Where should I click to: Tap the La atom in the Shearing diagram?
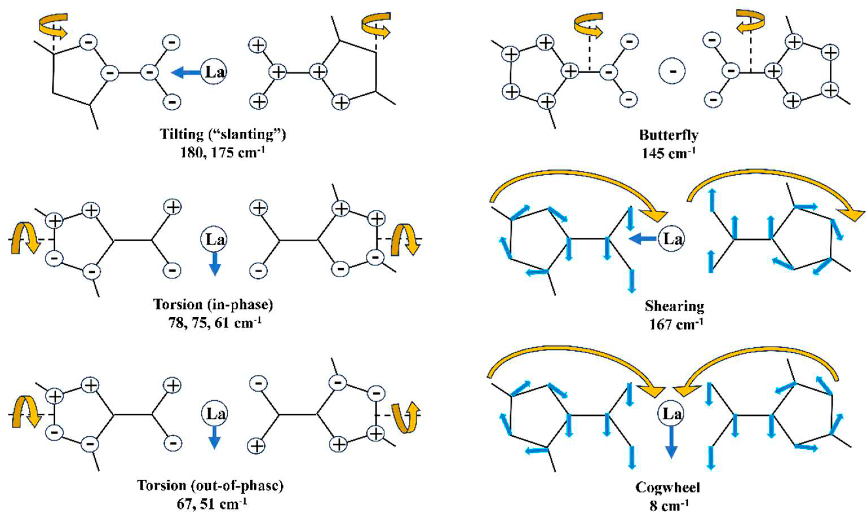click(672, 239)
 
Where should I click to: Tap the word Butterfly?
click(668, 135)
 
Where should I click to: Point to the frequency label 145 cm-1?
click(668, 153)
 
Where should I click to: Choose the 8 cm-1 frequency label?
click(669, 506)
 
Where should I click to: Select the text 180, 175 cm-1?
click(222, 152)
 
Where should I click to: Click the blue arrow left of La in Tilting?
click(186, 73)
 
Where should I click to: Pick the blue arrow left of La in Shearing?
click(642, 239)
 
